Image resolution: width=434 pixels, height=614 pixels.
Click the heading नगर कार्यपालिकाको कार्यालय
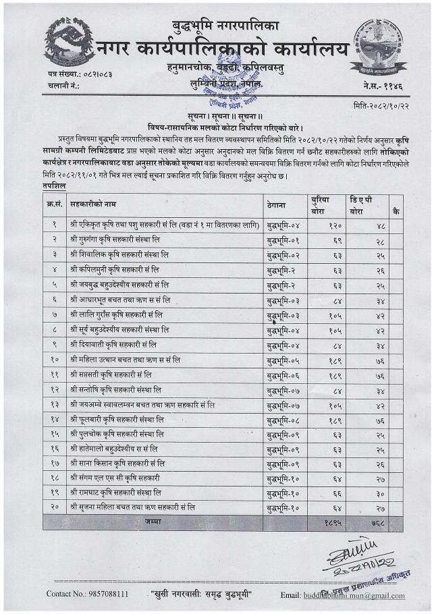pyautogui.click(x=223, y=49)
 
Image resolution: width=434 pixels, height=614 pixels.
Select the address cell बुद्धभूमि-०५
pyautogui.click(x=283, y=360)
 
